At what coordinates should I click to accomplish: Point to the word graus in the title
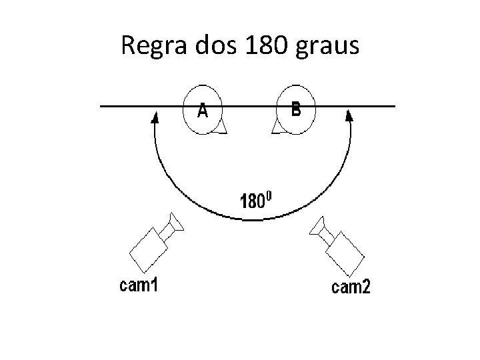click(x=328, y=47)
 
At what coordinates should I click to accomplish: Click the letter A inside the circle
click(x=202, y=112)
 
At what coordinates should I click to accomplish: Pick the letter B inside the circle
click(x=296, y=109)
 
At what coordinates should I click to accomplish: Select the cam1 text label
click(x=138, y=286)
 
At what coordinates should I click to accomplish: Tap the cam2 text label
click(x=351, y=288)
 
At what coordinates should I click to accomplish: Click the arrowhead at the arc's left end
click(x=155, y=118)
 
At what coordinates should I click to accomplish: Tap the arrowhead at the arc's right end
click(x=349, y=116)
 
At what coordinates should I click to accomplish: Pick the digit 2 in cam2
click(x=366, y=288)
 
